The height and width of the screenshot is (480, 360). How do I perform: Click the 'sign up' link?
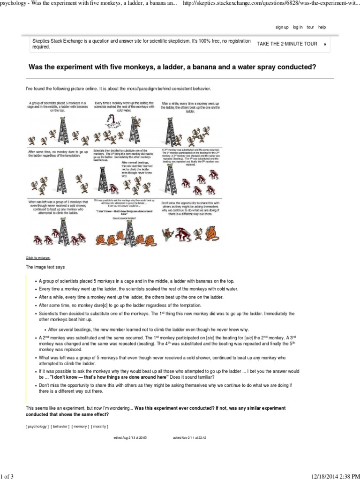[282, 27]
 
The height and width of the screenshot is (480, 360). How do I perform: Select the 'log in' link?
[297, 27]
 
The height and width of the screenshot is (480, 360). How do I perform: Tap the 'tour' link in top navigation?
[310, 27]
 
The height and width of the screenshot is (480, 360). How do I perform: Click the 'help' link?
[322, 27]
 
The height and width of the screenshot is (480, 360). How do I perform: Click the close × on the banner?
[325, 44]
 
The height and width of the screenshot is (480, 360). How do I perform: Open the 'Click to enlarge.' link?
[37, 257]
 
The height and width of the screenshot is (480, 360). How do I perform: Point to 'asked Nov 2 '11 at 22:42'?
[190, 438]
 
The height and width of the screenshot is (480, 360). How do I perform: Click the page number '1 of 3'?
[7, 473]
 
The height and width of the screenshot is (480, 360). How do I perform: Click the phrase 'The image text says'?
[45, 267]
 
